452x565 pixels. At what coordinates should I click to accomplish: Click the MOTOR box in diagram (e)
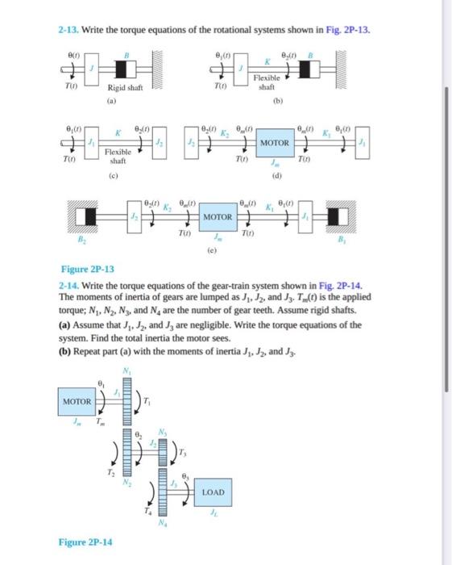[218, 217]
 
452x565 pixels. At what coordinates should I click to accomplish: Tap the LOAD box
[214, 492]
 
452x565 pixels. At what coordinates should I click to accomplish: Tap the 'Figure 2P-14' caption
[85, 542]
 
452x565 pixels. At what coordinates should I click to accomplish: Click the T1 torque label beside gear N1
[146, 402]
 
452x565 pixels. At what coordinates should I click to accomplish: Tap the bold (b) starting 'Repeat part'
[65, 353]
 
